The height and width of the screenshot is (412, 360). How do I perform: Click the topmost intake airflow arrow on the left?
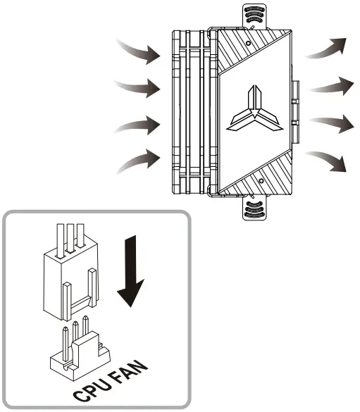[x=139, y=49]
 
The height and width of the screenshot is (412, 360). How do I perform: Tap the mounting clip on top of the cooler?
[x=254, y=16]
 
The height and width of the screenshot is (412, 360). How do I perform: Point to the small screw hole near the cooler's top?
[x=249, y=43]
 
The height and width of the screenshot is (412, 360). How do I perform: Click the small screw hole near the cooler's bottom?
[x=260, y=181]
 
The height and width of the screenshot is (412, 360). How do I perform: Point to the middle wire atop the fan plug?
[x=70, y=235]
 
